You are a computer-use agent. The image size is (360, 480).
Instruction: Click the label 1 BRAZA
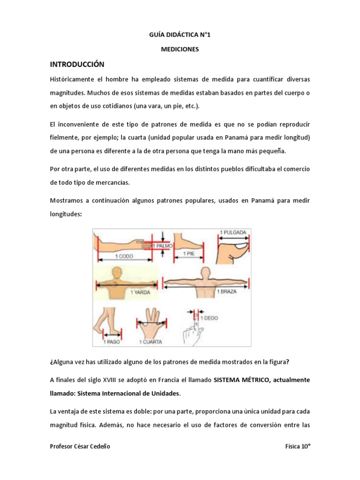[227, 292]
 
